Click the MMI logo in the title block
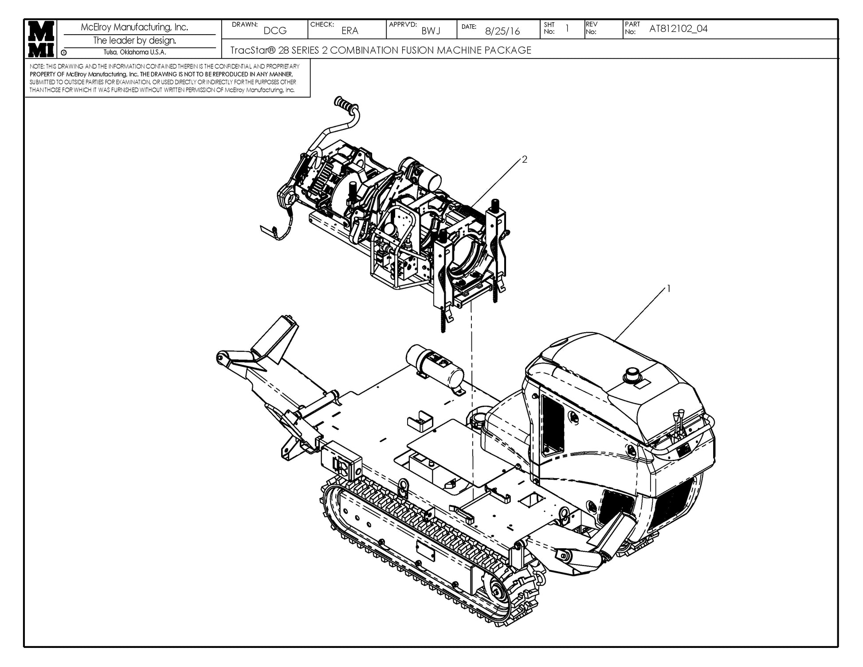coord(41,39)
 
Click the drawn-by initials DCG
coord(275,31)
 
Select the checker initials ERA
coord(349,31)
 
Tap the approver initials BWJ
coord(431,31)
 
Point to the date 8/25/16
coord(502,31)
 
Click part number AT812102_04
coord(678,29)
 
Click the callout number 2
coord(525,160)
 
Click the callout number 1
coord(668,289)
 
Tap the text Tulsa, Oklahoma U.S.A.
coord(135,52)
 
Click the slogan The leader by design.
coord(134,41)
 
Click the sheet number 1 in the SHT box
coord(567,28)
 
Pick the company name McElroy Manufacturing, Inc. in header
coord(134,27)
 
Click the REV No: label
coord(592,28)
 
